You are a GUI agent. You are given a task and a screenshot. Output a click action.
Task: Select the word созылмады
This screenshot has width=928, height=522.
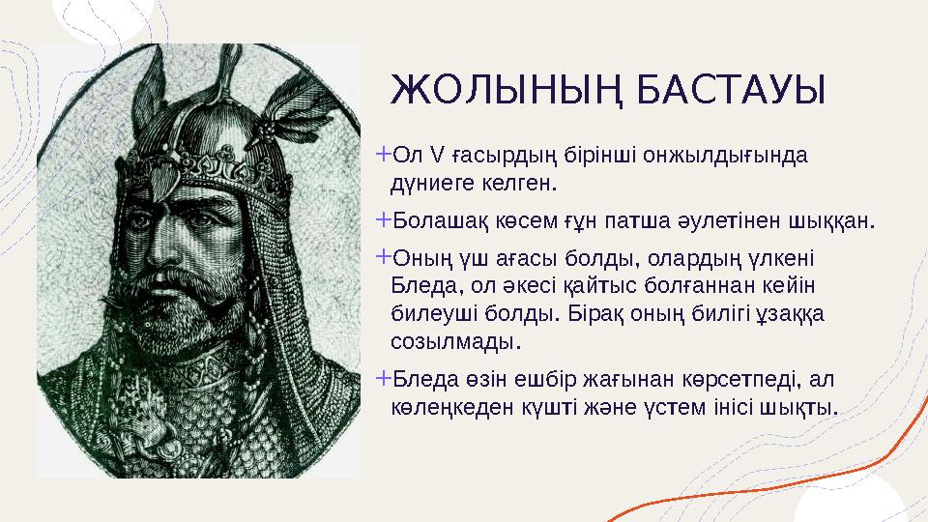[x=454, y=341]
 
